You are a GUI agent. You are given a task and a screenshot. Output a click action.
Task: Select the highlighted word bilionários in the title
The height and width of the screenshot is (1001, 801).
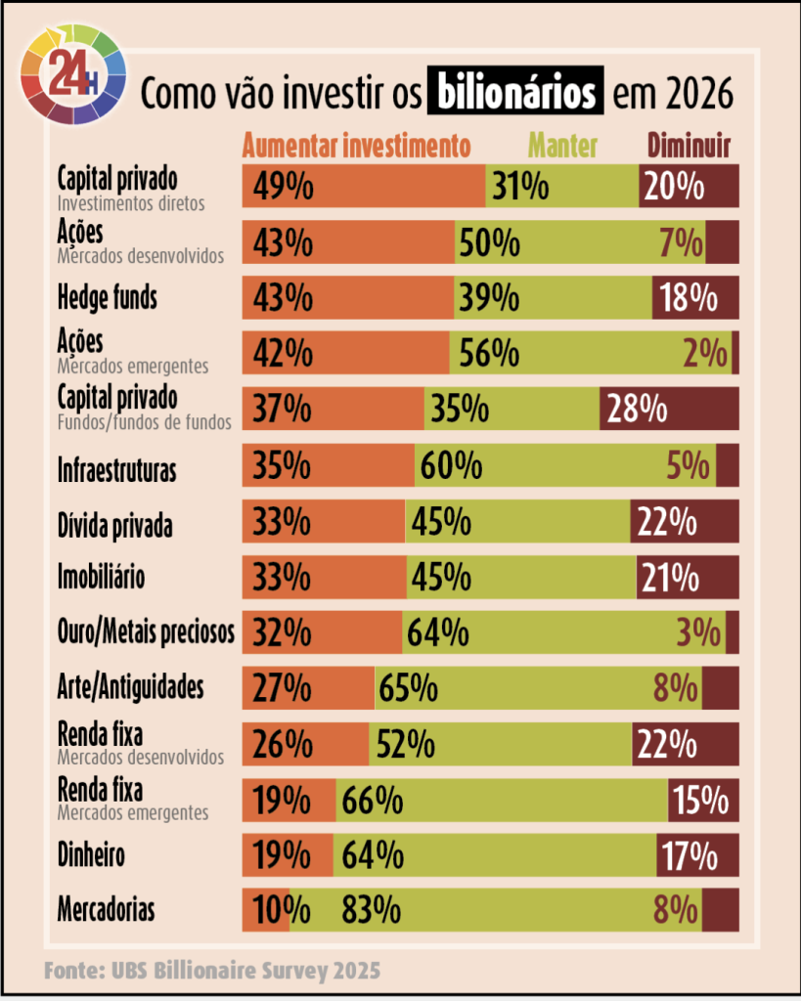point(515,94)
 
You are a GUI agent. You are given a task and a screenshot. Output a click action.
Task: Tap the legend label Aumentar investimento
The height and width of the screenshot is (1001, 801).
point(357,147)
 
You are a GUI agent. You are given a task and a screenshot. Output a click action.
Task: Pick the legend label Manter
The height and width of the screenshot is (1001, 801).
point(562,147)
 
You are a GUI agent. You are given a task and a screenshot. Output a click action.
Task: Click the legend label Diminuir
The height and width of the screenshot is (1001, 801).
point(689,147)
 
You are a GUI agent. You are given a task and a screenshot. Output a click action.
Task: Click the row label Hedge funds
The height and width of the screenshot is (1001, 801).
point(108,298)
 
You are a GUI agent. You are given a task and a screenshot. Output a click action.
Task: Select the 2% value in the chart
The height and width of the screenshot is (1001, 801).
point(705,353)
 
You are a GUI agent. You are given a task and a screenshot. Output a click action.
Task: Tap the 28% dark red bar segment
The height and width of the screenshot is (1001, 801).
point(669,409)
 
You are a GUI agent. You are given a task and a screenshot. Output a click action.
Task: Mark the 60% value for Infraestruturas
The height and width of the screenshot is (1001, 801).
point(451,465)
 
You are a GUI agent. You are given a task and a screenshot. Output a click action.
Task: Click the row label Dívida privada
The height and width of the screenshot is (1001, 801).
point(115,526)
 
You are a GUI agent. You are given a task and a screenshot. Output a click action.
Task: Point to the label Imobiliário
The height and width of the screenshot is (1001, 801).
point(102,577)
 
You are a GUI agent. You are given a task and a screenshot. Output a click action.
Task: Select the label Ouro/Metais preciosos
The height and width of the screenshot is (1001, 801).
point(146,633)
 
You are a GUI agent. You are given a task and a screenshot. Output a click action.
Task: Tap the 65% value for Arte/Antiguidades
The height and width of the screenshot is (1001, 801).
point(407,689)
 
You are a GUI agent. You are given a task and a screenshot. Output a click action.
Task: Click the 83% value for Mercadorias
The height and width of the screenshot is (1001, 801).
point(371,911)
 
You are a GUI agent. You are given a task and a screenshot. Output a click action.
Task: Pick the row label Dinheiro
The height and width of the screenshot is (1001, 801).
point(91,856)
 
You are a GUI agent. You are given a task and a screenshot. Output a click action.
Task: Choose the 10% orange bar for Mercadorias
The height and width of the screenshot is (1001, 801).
point(266,911)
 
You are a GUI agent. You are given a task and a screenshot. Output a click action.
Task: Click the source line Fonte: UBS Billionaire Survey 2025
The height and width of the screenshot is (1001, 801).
point(211,972)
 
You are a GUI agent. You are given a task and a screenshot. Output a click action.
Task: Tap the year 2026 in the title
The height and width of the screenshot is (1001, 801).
point(696,96)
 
